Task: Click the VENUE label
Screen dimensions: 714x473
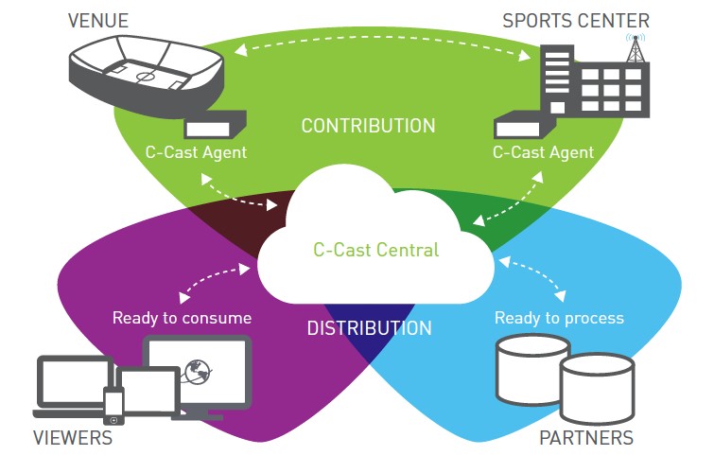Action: tap(98, 21)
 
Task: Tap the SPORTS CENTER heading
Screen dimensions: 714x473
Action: tap(576, 21)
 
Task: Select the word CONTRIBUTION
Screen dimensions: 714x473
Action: tap(369, 126)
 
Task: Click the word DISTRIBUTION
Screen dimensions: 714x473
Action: tap(369, 328)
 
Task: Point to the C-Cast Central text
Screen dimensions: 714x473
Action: tap(376, 250)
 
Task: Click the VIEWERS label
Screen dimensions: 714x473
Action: tap(73, 438)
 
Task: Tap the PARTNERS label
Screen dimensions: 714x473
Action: tap(586, 438)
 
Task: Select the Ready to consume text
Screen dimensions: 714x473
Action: tap(182, 318)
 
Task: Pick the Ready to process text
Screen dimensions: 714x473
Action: tap(559, 318)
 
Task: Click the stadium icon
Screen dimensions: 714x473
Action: tap(146, 75)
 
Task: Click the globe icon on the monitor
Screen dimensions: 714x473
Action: tap(198, 371)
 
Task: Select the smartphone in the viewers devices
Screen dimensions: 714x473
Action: tap(113, 406)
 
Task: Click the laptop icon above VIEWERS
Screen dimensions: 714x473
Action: tap(73, 386)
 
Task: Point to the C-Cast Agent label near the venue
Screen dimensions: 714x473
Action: tap(196, 152)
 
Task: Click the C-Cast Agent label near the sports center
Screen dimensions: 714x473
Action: tap(543, 152)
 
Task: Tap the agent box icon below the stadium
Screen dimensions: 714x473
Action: tap(214, 125)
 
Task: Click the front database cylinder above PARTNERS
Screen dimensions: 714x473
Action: tap(597, 389)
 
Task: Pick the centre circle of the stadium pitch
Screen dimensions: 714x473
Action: tap(145, 77)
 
